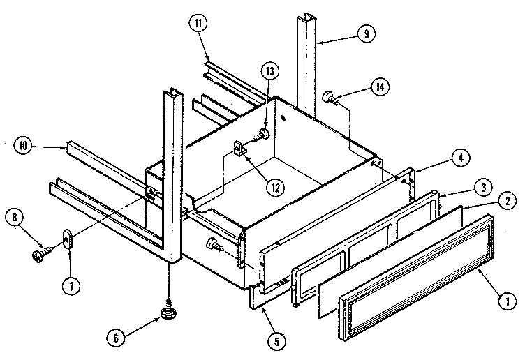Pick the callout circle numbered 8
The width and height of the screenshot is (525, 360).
[14, 216]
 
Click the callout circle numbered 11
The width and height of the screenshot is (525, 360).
[198, 24]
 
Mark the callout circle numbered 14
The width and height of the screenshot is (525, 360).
[379, 87]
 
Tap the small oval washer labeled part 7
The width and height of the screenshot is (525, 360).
[68, 239]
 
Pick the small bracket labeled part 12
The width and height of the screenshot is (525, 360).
[239, 149]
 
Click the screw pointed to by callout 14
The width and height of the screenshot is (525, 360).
[331, 98]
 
